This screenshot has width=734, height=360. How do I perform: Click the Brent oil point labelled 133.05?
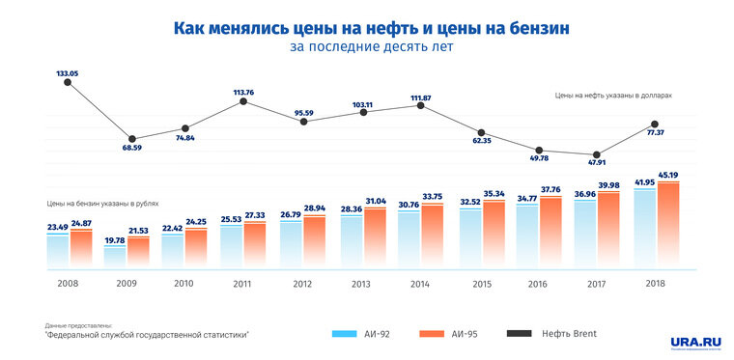click(x=68, y=83)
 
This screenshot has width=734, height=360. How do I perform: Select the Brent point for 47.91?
click(x=598, y=154)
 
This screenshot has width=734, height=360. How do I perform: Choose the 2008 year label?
click(x=69, y=284)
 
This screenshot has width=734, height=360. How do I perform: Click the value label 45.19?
click(x=668, y=176)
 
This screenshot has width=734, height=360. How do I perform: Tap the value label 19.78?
click(x=115, y=240)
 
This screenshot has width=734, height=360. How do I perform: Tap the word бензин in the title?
click(x=525, y=29)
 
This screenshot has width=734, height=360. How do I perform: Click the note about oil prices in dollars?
click(x=612, y=97)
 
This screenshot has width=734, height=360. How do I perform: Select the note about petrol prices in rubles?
click(x=101, y=205)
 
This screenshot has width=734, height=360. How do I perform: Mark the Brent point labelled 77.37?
click(x=656, y=125)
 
